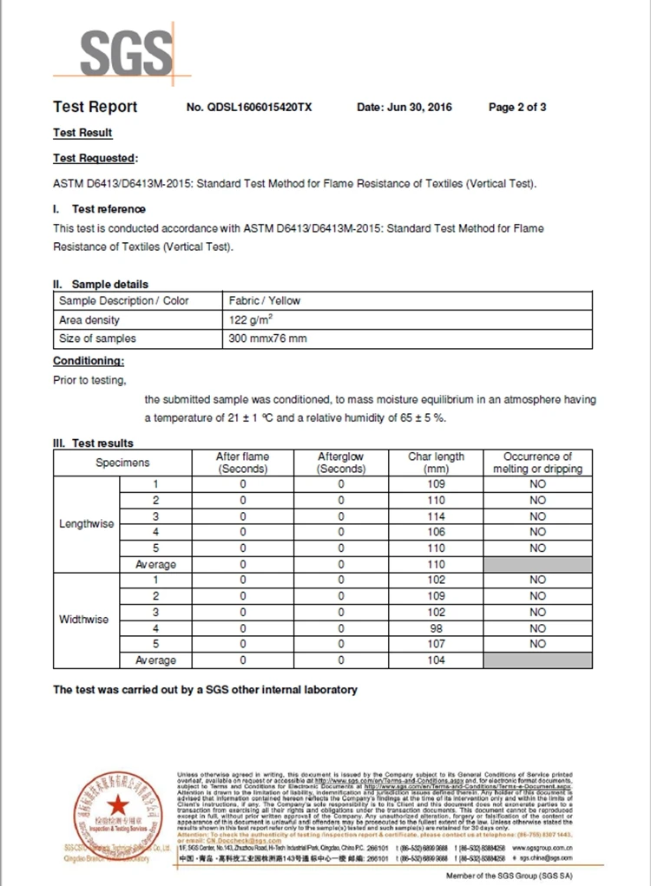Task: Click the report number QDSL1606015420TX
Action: click(249, 108)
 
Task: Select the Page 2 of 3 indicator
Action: click(517, 108)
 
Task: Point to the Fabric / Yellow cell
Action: click(265, 300)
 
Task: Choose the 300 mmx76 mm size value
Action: click(267, 338)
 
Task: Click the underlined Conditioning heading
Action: click(89, 360)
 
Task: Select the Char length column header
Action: click(437, 463)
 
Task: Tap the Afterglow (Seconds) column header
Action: click(340, 463)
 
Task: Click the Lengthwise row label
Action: click(86, 524)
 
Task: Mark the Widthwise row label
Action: click(84, 620)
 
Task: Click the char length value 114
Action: click(437, 516)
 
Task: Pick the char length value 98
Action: click(437, 628)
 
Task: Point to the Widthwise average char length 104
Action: click(437, 660)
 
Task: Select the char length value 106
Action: click(437, 532)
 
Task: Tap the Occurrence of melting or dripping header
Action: click(537, 463)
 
